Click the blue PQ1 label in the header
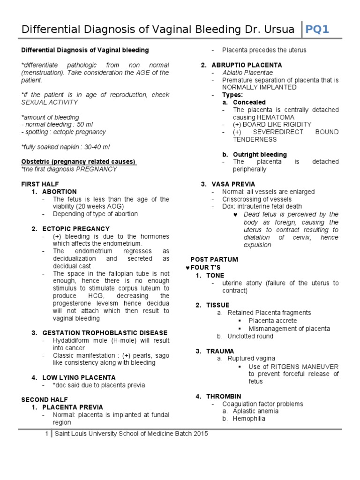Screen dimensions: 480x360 (317, 30)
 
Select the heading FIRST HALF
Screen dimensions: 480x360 (40, 184)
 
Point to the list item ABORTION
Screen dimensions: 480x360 (59, 192)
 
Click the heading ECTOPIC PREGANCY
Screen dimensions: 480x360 (76, 229)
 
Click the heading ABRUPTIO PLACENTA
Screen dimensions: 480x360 (247, 65)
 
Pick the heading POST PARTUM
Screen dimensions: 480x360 (214, 259)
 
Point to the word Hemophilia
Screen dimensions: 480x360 (249, 419)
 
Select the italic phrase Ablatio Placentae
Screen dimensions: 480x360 (247, 73)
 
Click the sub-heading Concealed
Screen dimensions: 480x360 (249, 102)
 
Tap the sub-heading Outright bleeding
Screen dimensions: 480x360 (260, 154)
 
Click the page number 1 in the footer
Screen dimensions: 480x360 (47, 434)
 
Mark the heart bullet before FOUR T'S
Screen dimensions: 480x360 (187, 267)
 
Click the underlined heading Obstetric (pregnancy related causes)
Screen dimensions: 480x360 (78, 162)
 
